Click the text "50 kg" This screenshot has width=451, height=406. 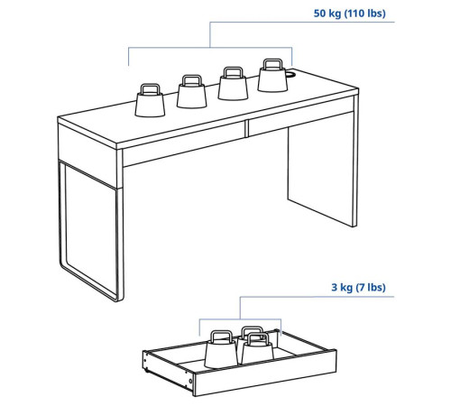(327, 14)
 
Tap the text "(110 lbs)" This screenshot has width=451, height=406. (364, 14)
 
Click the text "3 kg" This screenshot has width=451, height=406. (342, 287)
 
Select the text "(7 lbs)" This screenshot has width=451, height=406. (371, 287)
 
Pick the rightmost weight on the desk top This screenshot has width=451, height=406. (272, 76)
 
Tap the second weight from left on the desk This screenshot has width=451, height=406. (192, 92)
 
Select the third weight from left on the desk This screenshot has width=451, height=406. (233, 83)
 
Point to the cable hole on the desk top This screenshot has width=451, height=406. (291, 74)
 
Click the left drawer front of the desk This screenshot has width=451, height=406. (184, 144)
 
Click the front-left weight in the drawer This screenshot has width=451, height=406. (221, 349)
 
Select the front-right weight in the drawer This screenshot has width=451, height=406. (257, 349)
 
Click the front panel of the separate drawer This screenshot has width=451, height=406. (264, 374)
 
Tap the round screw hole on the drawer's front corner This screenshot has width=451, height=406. (190, 382)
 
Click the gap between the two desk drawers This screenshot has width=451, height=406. (247, 129)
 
